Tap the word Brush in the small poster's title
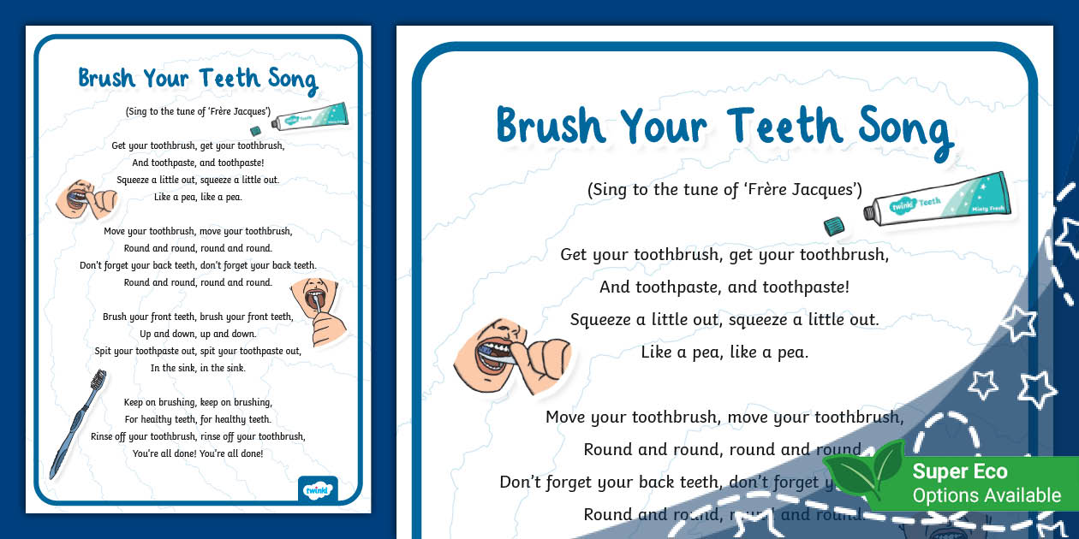pos(106,78)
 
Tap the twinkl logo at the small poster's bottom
pos(318,490)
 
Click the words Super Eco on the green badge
pos(959,471)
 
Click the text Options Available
pos(986,495)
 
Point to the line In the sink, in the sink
pos(198,368)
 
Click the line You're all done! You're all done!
pos(198,453)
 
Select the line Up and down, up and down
pos(198,334)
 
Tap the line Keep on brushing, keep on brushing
pos(198,402)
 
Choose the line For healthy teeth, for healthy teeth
pos(198,419)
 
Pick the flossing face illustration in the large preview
pos(505,352)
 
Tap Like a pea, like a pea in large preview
pos(724,352)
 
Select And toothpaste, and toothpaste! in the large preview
pos(724,287)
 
